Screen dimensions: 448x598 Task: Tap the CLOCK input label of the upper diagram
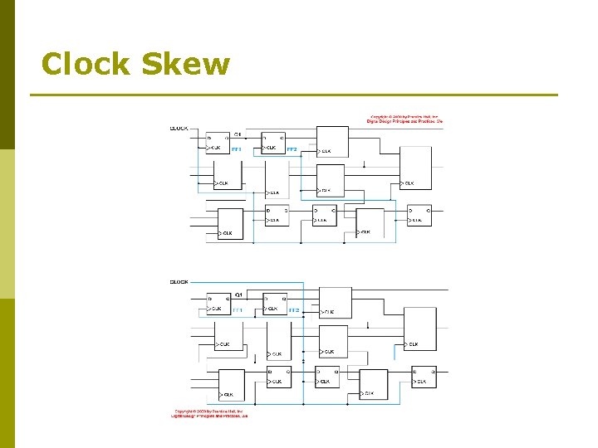coord(179,129)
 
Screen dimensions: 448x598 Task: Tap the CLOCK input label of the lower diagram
coord(179,282)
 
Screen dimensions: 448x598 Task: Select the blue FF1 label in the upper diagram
coord(236,149)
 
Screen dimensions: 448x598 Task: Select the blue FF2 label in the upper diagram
coord(292,149)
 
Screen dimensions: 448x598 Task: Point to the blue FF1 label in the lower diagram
coord(237,310)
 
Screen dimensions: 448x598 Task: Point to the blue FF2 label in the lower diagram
coord(293,310)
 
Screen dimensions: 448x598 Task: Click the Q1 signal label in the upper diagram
coord(238,134)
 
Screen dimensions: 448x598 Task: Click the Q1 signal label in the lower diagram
coord(238,295)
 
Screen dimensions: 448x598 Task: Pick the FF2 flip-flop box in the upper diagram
coord(273,143)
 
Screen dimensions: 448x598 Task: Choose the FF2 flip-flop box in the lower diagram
coord(275,304)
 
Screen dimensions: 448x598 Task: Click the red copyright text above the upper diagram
coord(406,119)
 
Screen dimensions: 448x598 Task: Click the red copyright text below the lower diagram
coord(211,412)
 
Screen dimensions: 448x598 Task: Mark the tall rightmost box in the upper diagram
coord(416,168)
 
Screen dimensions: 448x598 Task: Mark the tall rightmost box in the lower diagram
coord(420,329)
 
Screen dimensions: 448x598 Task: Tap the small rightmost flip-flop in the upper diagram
coord(419,215)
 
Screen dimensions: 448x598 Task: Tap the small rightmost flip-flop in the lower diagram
coord(424,377)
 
